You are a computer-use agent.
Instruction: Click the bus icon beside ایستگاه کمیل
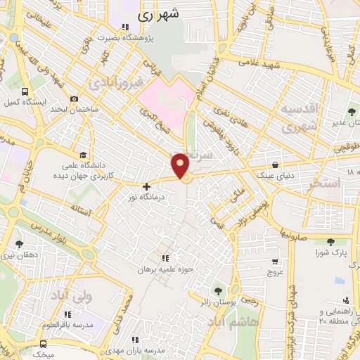tap(25, 91)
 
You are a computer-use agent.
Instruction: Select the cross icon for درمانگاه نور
tap(146, 186)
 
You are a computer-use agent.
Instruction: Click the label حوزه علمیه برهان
tap(165, 269)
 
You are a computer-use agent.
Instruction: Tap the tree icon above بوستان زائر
tap(217, 290)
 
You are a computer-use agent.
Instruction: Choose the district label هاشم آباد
tap(232, 320)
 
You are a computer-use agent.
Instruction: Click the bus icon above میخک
tap(44, 345)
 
